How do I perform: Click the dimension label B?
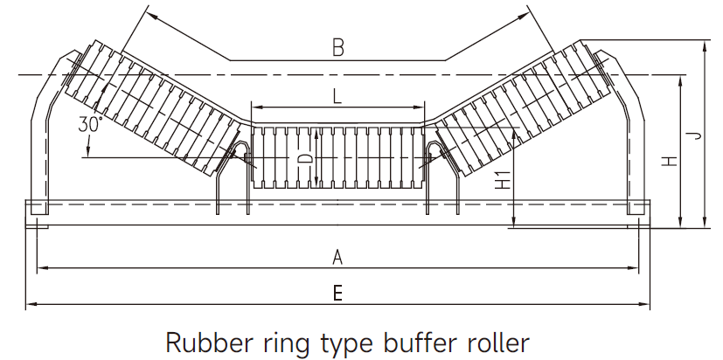tap(337, 48)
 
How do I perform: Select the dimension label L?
tap(337, 96)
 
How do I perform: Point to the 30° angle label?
tap(90, 123)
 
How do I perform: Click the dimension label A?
tap(337, 257)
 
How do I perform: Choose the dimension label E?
tap(337, 294)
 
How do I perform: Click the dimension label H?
tap(669, 162)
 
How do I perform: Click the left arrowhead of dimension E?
tap(29, 305)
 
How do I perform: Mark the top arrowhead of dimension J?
tap(705, 43)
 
